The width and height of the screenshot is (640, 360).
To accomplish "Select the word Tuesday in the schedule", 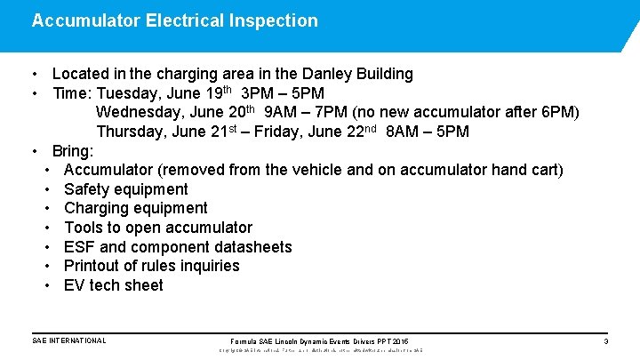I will click(129, 93).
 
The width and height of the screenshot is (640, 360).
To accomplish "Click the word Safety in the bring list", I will click(89, 188).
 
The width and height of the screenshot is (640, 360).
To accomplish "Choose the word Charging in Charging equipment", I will click(100, 208).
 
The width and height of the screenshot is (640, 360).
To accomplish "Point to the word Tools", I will click(85, 228).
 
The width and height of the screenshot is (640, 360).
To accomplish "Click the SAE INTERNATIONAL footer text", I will click(68, 340).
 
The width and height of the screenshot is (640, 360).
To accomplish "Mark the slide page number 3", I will click(605, 341).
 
